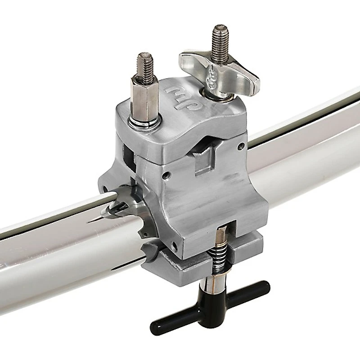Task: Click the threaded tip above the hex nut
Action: tap(145, 63)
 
